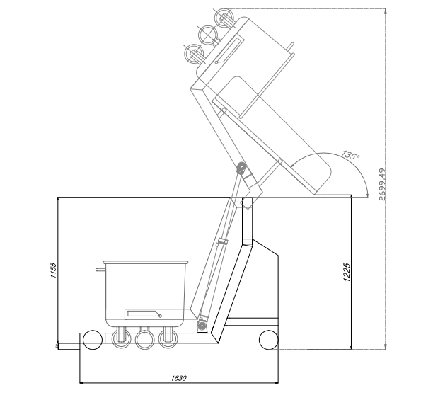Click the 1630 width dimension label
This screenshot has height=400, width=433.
(x=179, y=378)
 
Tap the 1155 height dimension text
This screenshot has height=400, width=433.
(x=53, y=270)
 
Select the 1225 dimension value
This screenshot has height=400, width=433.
(x=347, y=272)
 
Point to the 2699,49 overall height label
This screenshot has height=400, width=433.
(x=383, y=184)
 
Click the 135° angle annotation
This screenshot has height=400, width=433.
(x=351, y=155)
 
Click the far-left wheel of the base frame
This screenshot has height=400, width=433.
(x=93, y=340)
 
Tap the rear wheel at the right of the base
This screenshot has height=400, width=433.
(x=269, y=340)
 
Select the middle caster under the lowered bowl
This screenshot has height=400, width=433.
(x=144, y=340)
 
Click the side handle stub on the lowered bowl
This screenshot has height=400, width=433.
(x=100, y=270)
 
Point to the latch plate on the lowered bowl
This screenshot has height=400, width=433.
(x=143, y=314)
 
